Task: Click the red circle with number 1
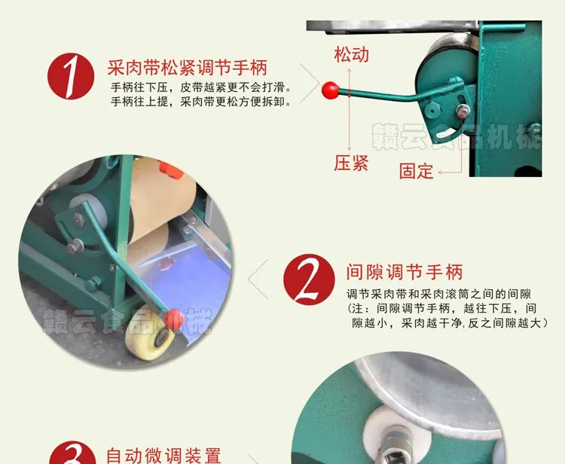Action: tap(71, 76)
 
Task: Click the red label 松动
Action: tap(351, 55)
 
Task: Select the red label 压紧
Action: tap(351, 163)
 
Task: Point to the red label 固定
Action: tap(416, 171)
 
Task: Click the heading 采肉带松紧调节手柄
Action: tap(188, 67)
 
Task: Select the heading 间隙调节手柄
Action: tap(405, 272)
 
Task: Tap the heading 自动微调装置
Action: tap(163, 456)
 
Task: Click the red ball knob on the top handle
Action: tap(330, 90)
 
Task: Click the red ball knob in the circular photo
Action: tap(174, 319)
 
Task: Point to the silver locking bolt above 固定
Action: tap(463, 110)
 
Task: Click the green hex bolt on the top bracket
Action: tap(432, 108)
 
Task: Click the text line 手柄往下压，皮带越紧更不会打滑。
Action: tap(200, 87)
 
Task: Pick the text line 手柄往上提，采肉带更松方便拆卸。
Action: tap(200, 102)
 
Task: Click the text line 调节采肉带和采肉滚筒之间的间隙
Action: tap(439, 295)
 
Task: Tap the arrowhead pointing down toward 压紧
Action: tap(349, 149)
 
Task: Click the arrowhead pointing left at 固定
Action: tap(441, 173)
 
